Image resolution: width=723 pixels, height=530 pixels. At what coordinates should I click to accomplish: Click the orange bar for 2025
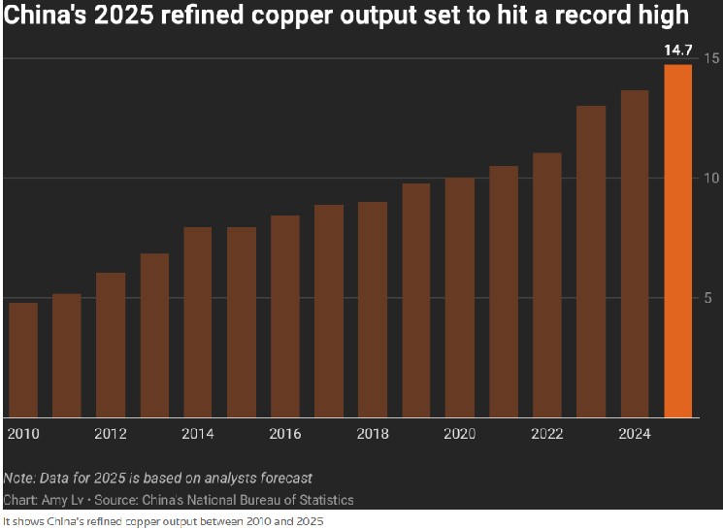pyautogui.click(x=677, y=241)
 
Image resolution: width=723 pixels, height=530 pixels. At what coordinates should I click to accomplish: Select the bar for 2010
pyautogui.click(x=22, y=359)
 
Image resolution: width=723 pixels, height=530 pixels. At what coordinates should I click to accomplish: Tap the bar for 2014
pyautogui.click(x=198, y=321)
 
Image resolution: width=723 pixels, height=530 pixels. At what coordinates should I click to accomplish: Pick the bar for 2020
pyautogui.click(x=459, y=297)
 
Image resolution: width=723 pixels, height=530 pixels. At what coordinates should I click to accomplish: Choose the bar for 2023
pyautogui.click(x=591, y=261)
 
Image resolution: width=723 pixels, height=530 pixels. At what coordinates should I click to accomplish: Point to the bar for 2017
pyautogui.click(x=329, y=311)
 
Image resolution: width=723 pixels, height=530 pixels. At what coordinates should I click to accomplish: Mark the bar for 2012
pyautogui.click(x=111, y=345)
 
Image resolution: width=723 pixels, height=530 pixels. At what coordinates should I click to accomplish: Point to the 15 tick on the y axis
pyautogui.click(x=711, y=59)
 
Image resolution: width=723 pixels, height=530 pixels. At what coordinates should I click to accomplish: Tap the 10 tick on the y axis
pyautogui.click(x=711, y=179)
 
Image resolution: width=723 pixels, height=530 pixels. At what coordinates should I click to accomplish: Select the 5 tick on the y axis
pyautogui.click(x=711, y=298)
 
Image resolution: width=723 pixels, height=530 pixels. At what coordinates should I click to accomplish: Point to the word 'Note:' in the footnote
pyautogui.click(x=20, y=478)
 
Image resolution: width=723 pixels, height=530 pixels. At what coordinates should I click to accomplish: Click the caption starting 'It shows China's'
pyautogui.click(x=162, y=521)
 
